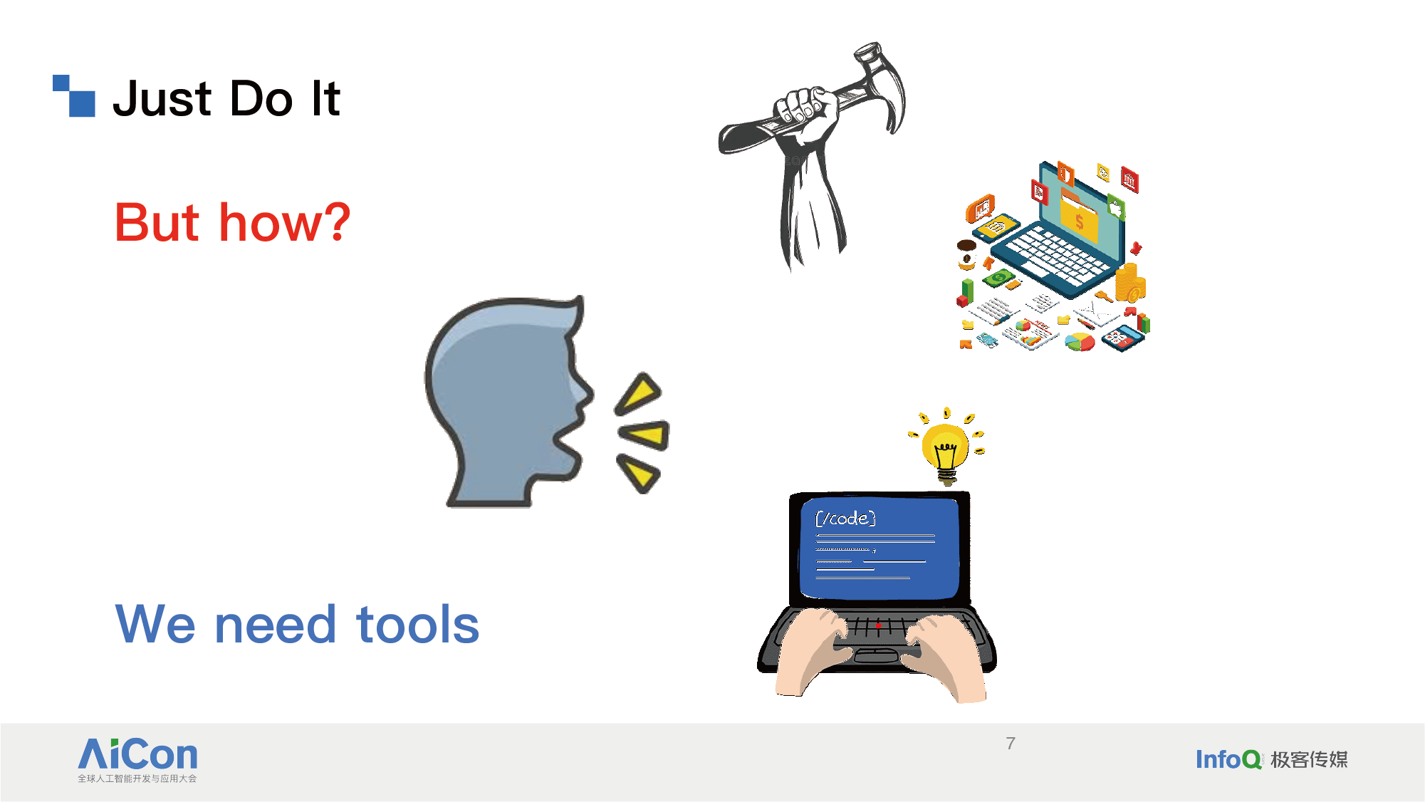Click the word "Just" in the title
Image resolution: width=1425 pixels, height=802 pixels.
pyautogui.click(x=162, y=98)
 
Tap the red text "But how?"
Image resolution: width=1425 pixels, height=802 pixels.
pyautogui.click(x=232, y=222)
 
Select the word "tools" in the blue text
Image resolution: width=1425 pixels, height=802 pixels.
pyautogui.click(x=417, y=625)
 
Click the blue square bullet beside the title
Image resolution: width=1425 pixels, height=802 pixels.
pyautogui.click(x=74, y=95)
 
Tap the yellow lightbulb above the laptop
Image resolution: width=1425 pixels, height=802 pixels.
pyautogui.click(x=946, y=449)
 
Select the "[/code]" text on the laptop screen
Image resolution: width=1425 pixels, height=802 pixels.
pyautogui.click(x=845, y=518)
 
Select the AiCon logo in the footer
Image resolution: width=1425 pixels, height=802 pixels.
pyautogui.click(x=137, y=760)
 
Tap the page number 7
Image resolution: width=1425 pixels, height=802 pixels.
pyautogui.click(x=1011, y=744)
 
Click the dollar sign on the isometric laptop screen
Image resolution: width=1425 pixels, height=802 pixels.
pyautogui.click(x=1080, y=222)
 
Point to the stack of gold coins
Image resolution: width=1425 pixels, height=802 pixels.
pyautogui.click(x=1129, y=282)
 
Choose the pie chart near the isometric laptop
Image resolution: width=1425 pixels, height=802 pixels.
pyautogui.click(x=1080, y=343)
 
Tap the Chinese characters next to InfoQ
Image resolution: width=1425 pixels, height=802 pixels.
pyautogui.click(x=1309, y=760)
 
